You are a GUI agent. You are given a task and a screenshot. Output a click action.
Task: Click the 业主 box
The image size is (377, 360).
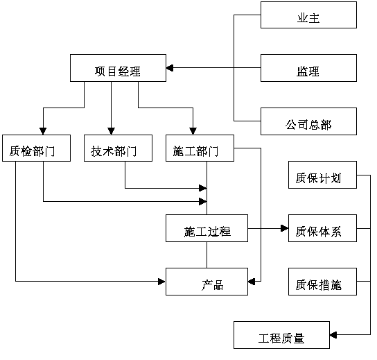pos(308,15)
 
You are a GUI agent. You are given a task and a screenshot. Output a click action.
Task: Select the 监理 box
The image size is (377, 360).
pos(308,68)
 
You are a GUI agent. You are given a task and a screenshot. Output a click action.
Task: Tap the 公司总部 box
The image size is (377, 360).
pos(308,121)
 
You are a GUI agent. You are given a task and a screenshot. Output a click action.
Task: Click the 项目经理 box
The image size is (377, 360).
pos(118,68)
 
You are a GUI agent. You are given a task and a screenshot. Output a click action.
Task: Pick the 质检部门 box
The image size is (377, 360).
pos(36,148)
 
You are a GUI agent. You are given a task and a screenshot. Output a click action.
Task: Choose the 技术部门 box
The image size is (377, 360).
pos(118,148)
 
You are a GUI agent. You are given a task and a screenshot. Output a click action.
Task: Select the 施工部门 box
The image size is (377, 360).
pos(200,148)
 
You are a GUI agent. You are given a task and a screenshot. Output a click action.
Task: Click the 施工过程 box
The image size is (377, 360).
pos(207,228)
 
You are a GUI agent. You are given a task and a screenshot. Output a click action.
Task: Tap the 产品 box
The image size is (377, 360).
pos(207,282)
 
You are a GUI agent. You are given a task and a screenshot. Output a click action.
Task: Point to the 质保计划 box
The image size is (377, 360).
pos(322,175)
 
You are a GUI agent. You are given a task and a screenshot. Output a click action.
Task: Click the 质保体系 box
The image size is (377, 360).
pos(322,228)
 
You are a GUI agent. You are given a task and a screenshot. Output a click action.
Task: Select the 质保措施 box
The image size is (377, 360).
pos(322,282)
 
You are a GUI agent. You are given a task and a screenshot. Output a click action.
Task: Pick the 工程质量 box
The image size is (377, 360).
pos(281,335)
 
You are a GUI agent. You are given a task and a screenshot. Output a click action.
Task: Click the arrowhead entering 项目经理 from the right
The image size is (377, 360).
pos(170,68)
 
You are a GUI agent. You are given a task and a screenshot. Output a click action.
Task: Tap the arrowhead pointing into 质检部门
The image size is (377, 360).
pos(43,131)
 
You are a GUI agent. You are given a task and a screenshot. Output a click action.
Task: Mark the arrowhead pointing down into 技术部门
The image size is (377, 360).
pos(111,131)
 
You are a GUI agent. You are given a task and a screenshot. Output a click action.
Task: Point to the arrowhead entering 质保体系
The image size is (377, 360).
pos(285,228)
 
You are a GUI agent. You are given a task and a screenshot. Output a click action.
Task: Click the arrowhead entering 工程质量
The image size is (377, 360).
pos(333,335)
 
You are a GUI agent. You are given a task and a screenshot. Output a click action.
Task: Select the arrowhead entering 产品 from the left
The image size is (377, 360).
pos(161,282)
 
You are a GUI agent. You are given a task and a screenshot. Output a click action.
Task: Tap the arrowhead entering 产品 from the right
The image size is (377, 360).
pos(252,282)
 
